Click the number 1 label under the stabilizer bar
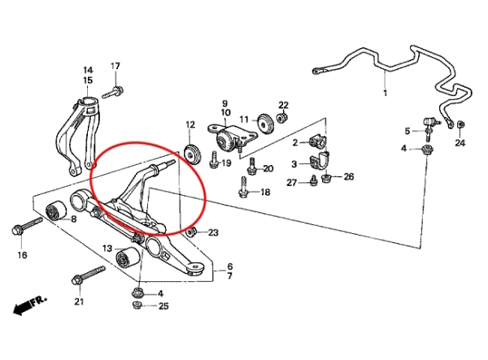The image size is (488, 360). click(386, 94)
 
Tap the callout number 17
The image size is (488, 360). click(115, 66)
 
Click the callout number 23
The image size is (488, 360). click(213, 233)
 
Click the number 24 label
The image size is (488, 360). click(460, 144)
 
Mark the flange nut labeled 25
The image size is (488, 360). click(137, 306)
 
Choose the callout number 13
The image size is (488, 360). click(107, 248)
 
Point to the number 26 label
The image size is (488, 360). click(348, 176)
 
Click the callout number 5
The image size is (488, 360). click(407, 131)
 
